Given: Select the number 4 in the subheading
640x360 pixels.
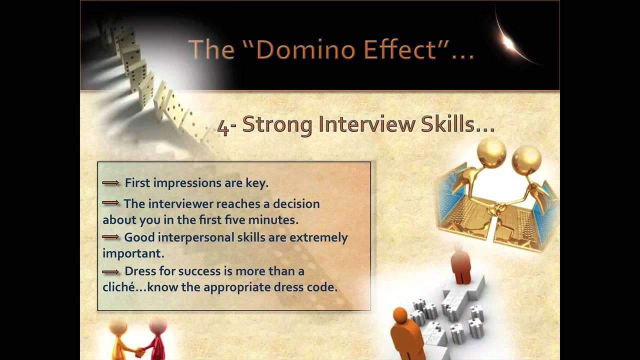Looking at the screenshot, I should (223, 126).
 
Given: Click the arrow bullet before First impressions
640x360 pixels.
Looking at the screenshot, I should (110, 183).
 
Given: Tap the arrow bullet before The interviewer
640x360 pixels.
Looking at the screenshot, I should (110, 203).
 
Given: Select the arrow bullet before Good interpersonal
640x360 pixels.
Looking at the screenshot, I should (110, 236).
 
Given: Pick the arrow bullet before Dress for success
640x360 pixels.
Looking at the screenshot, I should (110, 271).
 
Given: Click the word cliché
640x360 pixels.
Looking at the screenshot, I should (119, 288).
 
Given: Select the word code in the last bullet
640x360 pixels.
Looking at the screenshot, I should (324, 288).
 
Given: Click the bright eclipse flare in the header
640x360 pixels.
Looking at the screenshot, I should (508, 43).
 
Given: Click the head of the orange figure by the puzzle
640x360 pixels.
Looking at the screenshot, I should (400, 315).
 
